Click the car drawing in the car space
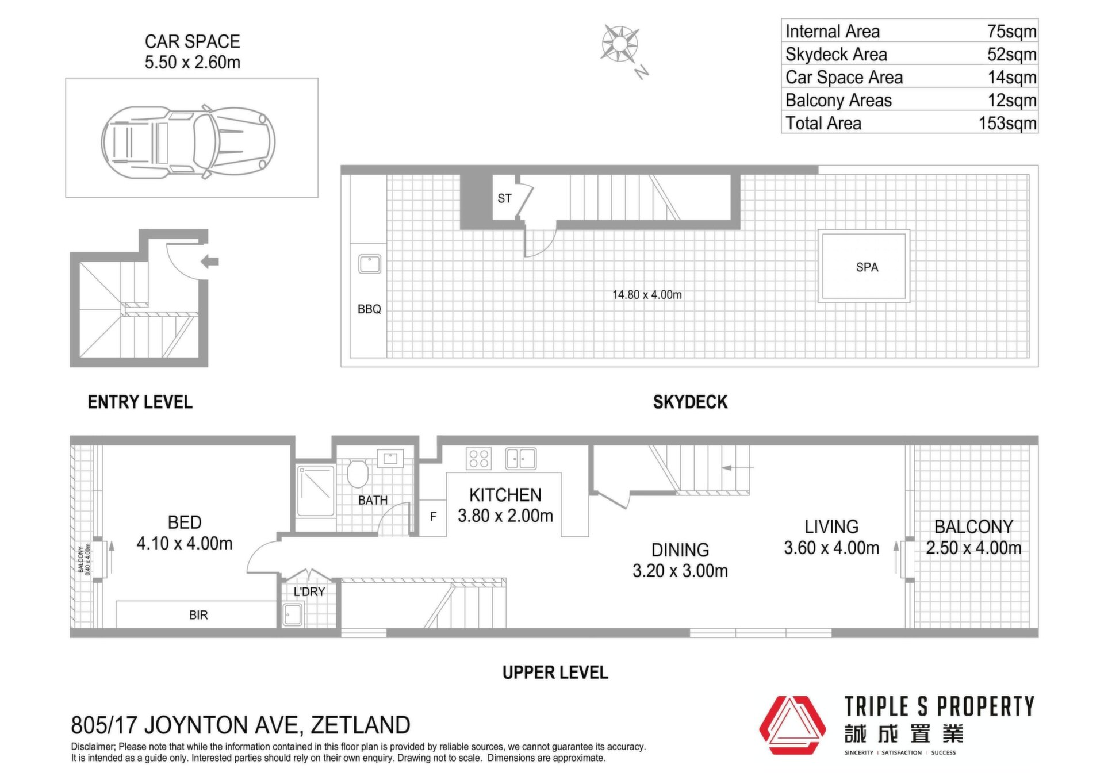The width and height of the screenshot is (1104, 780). coord(188,141)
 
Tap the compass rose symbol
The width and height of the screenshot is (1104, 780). coord(619,44)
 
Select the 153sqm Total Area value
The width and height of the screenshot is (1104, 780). coord(1007,123)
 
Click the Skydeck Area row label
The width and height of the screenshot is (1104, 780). coord(836,54)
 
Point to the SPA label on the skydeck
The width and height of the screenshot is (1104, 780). coord(867,267)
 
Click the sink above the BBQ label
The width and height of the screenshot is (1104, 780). coord(370,264)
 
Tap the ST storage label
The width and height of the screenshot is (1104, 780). coord(504,198)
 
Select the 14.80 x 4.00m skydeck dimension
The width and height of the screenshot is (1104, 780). coord(647,295)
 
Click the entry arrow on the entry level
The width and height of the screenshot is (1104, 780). coord(210,262)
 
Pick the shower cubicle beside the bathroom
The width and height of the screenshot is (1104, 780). coord(315,491)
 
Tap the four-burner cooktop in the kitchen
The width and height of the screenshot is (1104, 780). coord(479,459)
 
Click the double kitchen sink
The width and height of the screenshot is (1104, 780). coord(521,459)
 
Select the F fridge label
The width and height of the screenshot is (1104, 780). coord(433,517)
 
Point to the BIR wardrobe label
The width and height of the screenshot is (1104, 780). coord(198,615)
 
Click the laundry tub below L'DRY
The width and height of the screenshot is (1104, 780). coord(293,614)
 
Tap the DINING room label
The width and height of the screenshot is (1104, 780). coord(680,550)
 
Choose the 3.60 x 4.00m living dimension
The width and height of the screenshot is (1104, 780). coord(831,548)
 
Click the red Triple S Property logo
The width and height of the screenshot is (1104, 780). coord(792,725)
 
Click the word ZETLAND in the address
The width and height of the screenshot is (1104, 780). coord(361,725)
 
